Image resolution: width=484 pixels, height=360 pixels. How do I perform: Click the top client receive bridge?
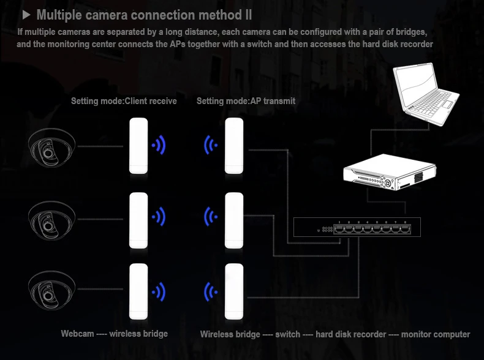pyautogui.click(x=138, y=146)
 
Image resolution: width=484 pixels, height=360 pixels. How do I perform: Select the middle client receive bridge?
pyautogui.click(x=138, y=220)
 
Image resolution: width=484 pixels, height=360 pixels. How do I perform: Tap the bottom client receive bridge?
pyautogui.click(x=138, y=292)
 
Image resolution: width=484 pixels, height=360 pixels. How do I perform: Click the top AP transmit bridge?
pyautogui.click(x=235, y=146)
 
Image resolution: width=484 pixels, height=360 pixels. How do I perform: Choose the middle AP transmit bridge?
pyautogui.click(x=235, y=220)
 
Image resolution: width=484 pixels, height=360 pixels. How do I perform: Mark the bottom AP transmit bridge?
pyautogui.click(x=235, y=292)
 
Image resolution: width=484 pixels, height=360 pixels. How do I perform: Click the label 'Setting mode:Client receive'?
pyautogui.click(x=124, y=101)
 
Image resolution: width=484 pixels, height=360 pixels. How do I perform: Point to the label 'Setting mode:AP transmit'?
pyautogui.click(x=246, y=101)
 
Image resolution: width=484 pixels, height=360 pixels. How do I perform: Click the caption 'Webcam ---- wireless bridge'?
pyautogui.click(x=114, y=334)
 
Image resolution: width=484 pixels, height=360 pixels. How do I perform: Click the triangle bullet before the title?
pyautogui.click(x=26, y=14)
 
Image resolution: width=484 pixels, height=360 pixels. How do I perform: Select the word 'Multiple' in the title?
pyautogui.click(x=61, y=15)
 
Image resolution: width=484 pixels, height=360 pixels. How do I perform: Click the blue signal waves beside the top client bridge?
pyautogui.click(x=159, y=146)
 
